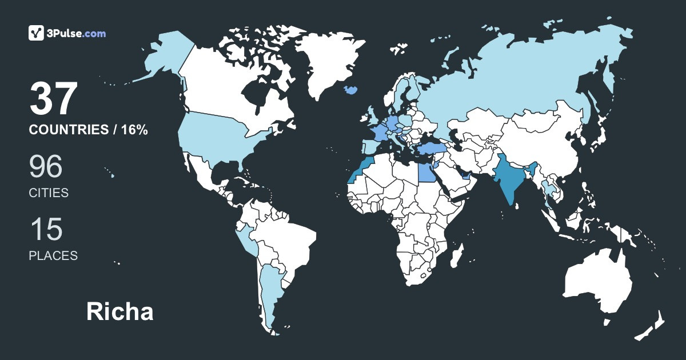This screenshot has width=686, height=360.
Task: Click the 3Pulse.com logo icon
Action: tap(37, 33)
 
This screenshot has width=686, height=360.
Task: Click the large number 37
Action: tap(53, 99)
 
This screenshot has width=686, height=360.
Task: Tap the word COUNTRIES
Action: tap(69, 130)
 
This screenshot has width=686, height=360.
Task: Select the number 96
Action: tap(46, 166)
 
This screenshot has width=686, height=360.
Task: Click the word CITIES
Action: tap(49, 193)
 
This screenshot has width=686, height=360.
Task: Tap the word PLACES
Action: tap(53, 256)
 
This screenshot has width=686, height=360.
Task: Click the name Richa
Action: tap(120, 312)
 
